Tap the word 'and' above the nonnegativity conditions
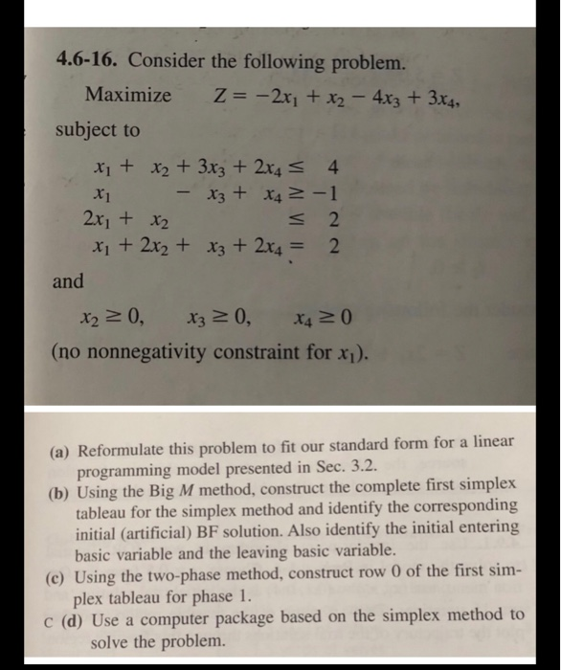pyautogui.click(x=70, y=281)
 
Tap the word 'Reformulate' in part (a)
pyautogui.click(x=123, y=449)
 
